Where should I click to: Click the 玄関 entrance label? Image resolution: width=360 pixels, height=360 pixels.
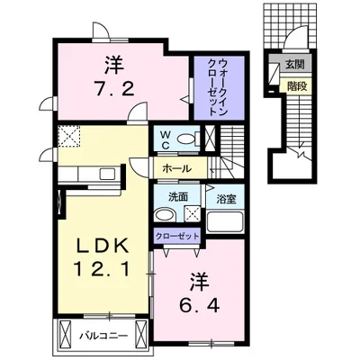click(x=294, y=65)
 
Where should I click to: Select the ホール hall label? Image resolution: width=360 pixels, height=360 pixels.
click(x=176, y=168)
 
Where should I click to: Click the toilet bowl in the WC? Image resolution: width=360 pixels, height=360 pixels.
click(x=186, y=139)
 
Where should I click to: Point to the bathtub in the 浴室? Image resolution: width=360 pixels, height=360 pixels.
click(x=225, y=222)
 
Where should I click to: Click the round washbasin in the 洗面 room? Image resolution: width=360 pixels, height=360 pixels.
click(x=164, y=215)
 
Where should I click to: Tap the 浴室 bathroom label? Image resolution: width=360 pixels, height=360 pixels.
click(x=225, y=199)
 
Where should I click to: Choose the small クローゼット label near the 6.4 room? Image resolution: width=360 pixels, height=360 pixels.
click(x=177, y=236)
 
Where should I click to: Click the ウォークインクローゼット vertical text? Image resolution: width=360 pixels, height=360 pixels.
click(x=218, y=87)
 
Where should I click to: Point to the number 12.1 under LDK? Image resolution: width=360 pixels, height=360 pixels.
click(x=103, y=268)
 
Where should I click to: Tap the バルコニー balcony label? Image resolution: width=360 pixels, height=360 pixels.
click(x=103, y=336)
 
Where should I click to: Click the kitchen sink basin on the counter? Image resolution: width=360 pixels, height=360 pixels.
click(x=107, y=174)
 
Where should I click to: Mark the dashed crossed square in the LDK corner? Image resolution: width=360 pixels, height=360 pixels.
click(x=69, y=137)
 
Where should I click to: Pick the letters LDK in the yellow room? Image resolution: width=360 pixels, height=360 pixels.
click(x=103, y=246)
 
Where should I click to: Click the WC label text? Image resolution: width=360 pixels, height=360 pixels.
click(x=166, y=140)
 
